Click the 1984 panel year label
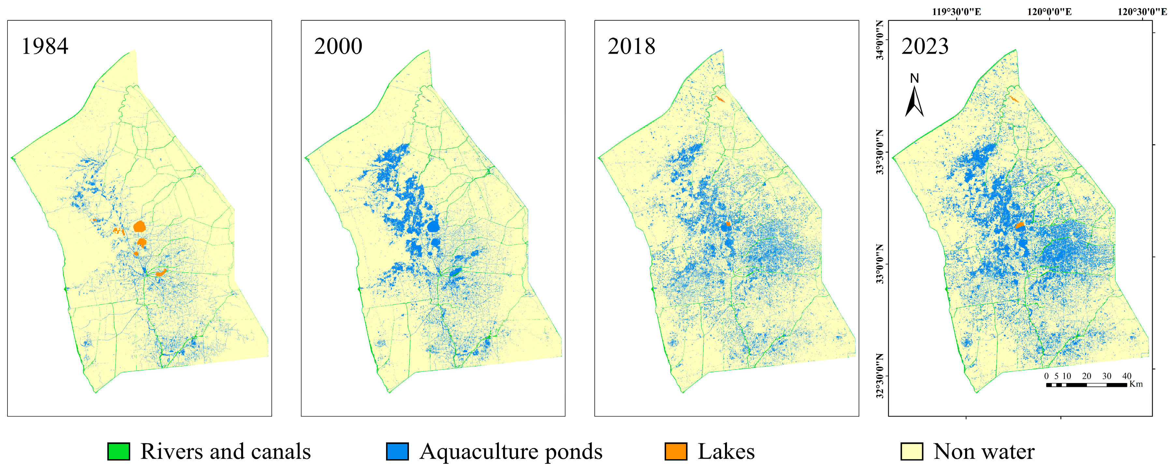[45, 46]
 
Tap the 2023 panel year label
[925, 46]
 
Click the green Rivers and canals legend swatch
[119, 451]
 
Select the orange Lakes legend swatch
[675, 451]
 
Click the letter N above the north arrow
[914, 79]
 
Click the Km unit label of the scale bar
[1136, 384]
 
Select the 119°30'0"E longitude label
[956, 12]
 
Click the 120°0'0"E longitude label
[1049, 12]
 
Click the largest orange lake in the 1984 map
[139, 226]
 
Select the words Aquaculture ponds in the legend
[511, 451]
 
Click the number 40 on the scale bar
[1127, 376]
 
